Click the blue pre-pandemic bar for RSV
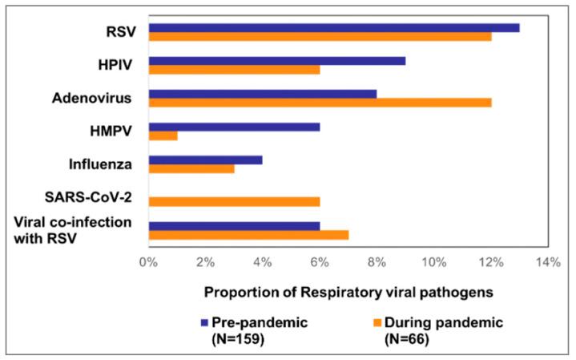click(x=333, y=28)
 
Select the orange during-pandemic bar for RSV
click(x=320, y=37)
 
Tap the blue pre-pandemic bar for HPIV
click(x=276, y=61)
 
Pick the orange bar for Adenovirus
click(x=320, y=103)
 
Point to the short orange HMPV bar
click(x=163, y=136)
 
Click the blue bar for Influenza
click(x=205, y=160)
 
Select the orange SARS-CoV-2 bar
click(x=234, y=201)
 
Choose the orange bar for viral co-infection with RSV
click(x=248, y=235)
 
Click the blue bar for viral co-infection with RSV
click(x=234, y=226)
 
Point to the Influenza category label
click(x=101, y=164)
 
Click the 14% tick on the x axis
click(x=548, y=262)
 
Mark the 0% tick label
click(x=148, y=262)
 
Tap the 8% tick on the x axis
click(x=377, y=262)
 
